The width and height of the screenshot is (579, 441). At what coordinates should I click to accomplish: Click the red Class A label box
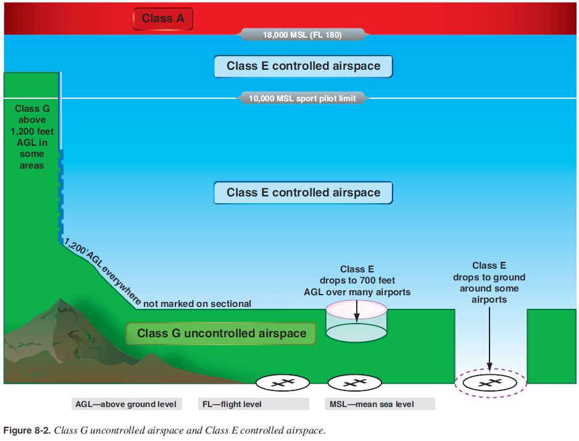point(163,19)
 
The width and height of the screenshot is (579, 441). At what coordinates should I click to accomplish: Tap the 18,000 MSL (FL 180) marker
point(302,35)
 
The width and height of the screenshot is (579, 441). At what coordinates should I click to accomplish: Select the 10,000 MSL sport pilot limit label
point(302,98)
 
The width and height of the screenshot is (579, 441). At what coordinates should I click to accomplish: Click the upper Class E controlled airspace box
point(303,66)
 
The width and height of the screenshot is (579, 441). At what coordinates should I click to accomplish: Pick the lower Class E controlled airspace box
point(303,193)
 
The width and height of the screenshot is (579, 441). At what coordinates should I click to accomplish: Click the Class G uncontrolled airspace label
point(222,334)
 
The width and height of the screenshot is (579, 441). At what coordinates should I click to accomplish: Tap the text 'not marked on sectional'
point(198,304)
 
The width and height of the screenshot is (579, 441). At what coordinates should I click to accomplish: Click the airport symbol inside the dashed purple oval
point(490,382)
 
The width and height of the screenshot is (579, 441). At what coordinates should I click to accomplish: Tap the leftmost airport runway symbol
point(282,382)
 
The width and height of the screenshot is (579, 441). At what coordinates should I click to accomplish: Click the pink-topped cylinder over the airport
point(356,321)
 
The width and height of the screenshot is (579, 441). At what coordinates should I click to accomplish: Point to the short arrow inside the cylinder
point(357,311)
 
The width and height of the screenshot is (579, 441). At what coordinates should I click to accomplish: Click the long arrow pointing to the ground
point(489,337)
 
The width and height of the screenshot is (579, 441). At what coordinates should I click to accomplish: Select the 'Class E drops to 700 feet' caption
point(357,280)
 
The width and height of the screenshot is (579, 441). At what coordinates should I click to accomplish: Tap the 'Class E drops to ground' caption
point(489,283)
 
